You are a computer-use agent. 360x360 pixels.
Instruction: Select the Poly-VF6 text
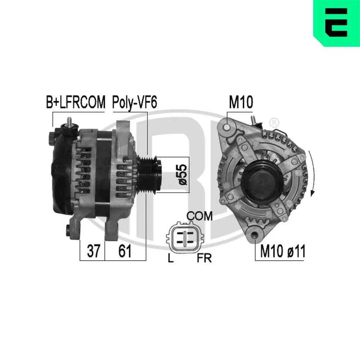134,103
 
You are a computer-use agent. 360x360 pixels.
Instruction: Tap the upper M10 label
241,103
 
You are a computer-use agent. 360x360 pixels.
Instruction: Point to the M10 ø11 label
283,252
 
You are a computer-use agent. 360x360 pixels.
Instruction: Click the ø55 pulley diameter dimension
183,175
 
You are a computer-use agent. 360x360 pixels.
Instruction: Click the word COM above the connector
199,216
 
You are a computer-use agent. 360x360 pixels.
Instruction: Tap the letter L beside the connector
170,258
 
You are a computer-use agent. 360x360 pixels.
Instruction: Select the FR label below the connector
204,258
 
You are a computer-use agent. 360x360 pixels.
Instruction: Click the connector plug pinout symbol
184,237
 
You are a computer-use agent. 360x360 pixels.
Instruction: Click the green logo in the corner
337,23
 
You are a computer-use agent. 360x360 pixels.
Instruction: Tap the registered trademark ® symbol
274,122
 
